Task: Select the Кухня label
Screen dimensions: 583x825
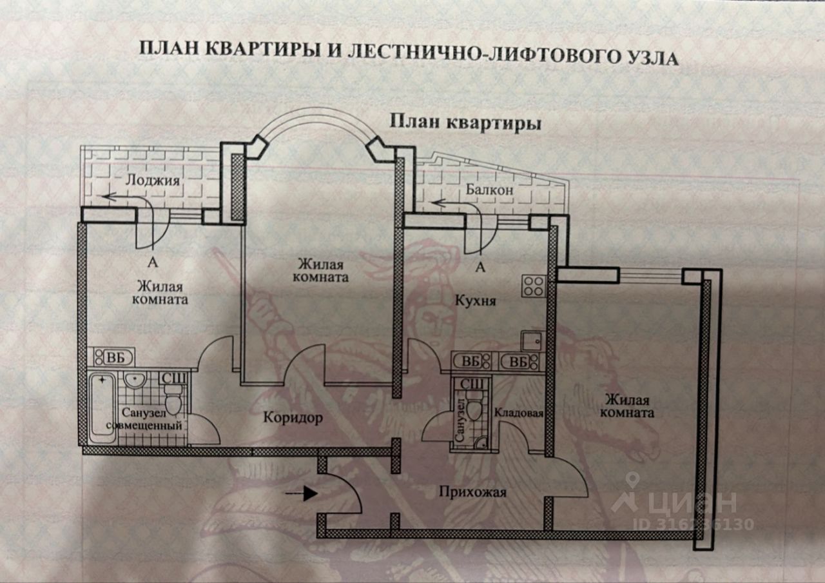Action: click(x=476, y=301)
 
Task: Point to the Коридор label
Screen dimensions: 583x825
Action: click(x=293, y=418)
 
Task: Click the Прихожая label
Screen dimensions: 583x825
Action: click(x=472, y=493)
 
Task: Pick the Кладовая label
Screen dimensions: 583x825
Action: click(x=519, y=414)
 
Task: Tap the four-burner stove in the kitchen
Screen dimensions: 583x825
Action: click(x=534, y=286)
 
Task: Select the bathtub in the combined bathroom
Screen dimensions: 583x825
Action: click(x=102, y=406)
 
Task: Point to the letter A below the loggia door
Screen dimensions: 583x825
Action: click(x=153, y=262)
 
